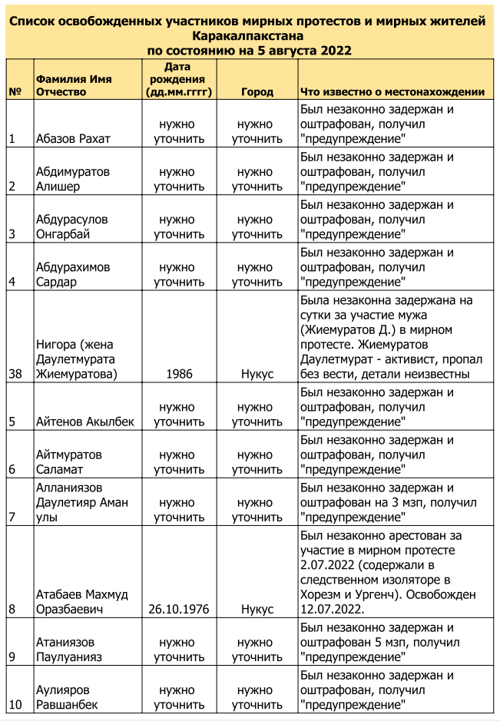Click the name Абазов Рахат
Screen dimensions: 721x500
(73, 140)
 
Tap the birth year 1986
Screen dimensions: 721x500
(178, 374)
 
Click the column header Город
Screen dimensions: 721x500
(257, 92)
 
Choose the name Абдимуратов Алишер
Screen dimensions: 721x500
(73, 179)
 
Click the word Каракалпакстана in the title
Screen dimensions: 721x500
(250, 36)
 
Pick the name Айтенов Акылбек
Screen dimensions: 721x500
(84, 422)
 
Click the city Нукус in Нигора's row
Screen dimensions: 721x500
(257, 374)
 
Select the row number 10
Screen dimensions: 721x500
(15, 704)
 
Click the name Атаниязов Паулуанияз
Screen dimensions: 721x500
(69, 649)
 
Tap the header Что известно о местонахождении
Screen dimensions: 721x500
(392, 92)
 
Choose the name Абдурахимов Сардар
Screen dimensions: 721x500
(73, 274)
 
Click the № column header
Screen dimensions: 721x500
(15, 92)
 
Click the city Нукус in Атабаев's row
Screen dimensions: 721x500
(257, 609)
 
